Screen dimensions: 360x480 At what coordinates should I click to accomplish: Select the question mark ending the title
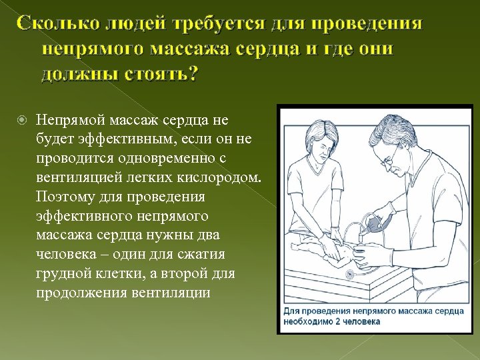[x=191, y=74]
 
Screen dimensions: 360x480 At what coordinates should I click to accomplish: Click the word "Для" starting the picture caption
[x=293, y=311]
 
